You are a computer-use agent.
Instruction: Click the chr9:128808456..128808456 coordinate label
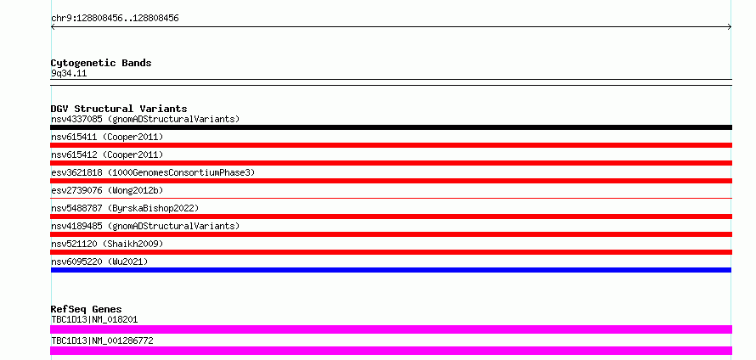pos(115,19)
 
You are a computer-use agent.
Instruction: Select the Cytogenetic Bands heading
pos(101,63)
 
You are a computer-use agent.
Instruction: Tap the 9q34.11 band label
pos(69,74)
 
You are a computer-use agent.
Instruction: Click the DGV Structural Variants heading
pos(119,109)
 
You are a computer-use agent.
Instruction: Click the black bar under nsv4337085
pos(391,127)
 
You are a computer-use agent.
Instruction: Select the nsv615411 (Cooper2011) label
pos(107,137)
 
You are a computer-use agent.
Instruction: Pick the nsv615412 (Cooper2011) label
pos(107,155)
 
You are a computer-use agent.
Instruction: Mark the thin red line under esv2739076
pos(391,198)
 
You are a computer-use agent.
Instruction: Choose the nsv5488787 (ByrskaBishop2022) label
pos(125,208)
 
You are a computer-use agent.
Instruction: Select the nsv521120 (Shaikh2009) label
pos(107,244)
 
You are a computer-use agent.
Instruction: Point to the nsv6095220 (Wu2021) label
pos(99,262)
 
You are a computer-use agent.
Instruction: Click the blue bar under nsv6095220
pos(391,270)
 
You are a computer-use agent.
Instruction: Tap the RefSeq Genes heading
pos(86,309)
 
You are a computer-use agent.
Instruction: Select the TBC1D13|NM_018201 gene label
pos(94,319)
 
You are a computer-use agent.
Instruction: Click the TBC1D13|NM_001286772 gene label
pos(102,340)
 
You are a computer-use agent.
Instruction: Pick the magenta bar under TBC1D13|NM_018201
pos(391,329)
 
